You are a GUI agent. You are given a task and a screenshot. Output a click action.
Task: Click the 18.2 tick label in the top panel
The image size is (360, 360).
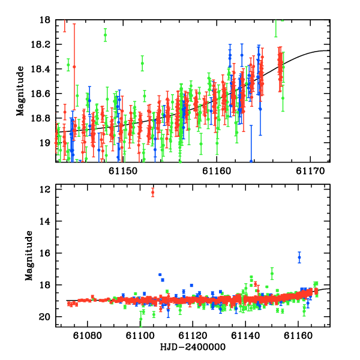pyautogui.click(x=40, y=44)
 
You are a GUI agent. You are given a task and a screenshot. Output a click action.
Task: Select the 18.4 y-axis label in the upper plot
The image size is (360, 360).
pyautogui.click(x=40, y=69)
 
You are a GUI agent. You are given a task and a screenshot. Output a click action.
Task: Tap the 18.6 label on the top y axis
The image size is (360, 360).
pyautogui.click(x=40, y=94)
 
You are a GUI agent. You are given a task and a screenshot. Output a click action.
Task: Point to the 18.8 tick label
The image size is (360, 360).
pyautogui.click(x=40, y=118)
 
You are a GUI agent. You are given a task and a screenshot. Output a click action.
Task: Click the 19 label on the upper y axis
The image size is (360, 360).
pyautogui.click(x=44, y=143)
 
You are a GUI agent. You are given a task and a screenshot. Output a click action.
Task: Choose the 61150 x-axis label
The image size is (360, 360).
pyautogui.click(x=123, y=171)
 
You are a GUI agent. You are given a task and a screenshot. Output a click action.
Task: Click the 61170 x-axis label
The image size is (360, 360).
pyautogui.click(x=310, y=171)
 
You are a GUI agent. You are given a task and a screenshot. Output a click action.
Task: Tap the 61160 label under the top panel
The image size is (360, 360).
pyautogui.click(x=217, y=171)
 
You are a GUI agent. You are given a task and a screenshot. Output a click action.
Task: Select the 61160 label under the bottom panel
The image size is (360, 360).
pyautogui.click(x=298, y=335)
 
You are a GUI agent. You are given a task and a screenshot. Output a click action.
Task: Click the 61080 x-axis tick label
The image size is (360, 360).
pyautogui.click(x=87, y=335)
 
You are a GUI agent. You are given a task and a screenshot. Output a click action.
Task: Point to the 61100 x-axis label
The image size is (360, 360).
pyautogui.click(x=140, y=335)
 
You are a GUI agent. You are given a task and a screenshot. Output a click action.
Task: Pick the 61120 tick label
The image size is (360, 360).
pyautogui.click(x=193, y=335)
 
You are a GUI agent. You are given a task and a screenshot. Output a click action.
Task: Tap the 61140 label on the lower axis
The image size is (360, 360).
pyautogui.click(x=245, y=335)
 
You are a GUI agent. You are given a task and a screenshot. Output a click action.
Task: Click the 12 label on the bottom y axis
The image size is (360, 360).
pyautogui.click(x=44, y=190)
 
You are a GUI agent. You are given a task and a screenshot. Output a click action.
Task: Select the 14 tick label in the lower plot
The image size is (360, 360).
pyautogui.click(x=44, y=221)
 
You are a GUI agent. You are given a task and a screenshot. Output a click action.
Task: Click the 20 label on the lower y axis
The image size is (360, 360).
pyautogui.click(x=44, y=317)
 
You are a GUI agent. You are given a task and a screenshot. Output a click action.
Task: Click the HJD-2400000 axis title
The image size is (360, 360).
pyautogui.click(x=193, y=347)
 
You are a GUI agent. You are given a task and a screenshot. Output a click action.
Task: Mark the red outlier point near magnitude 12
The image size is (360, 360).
pyautogui.click(x=152, y=193)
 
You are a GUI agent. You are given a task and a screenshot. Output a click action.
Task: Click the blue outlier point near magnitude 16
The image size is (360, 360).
pyautogui.click(x=299, y=257)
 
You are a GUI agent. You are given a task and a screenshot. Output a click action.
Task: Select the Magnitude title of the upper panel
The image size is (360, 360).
pyautogui.click(x=20, y=91)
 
